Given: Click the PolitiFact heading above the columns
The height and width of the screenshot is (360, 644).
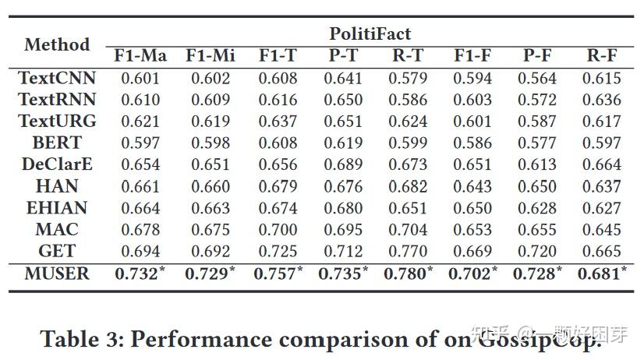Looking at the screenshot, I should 370,34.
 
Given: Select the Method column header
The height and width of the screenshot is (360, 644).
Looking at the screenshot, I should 57,44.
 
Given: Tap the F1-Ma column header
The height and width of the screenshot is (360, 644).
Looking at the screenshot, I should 140,55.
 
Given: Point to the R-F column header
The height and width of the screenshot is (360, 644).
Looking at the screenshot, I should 602,55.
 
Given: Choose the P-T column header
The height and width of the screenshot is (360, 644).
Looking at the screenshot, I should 343,55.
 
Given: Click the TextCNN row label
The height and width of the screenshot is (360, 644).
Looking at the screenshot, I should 57,78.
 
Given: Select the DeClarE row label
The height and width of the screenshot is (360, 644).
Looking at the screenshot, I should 57,164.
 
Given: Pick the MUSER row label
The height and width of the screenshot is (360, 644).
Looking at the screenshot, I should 57,274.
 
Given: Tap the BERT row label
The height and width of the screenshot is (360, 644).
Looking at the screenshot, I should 57,143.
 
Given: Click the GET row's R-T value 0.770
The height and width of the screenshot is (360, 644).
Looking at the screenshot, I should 409,251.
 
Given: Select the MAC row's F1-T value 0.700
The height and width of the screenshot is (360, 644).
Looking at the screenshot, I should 278,230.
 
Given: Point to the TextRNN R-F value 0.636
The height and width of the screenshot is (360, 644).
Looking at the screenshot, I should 602,100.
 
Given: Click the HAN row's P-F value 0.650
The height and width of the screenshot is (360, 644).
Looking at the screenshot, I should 537,186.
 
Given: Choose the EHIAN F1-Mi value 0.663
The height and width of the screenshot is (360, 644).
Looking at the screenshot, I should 208,208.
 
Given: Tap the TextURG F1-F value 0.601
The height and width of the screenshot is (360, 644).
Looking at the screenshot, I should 472,122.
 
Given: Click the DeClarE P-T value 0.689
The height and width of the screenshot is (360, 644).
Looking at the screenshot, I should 343,164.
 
